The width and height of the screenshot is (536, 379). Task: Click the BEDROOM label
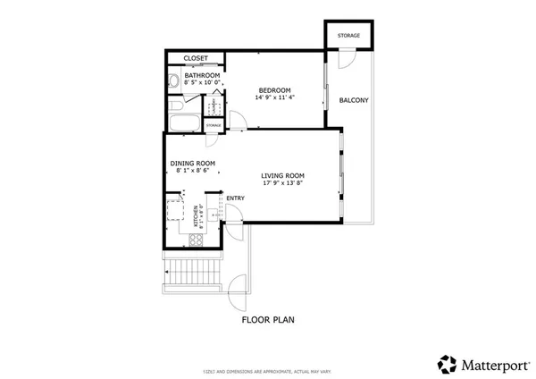[x=275, y=89]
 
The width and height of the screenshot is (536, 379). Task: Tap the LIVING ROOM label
[x=283, y=176]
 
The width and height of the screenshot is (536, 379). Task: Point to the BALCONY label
[x=354, y=99]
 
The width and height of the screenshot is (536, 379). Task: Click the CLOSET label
[x=196, y=58]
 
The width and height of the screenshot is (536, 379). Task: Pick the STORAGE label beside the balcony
[x=348, y=36]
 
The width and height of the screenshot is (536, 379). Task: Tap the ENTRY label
[x=236, y=198]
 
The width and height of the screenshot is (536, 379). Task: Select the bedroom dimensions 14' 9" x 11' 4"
[x=275, y=97]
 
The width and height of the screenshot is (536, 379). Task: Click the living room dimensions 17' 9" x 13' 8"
[x=283, y=185]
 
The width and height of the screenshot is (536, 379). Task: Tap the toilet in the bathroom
[x=173, y=82]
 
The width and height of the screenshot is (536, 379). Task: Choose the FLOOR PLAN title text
[x=268, y=318]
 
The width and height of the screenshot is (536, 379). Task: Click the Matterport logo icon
[x=447, y=363]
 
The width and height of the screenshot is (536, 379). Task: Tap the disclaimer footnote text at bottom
[x=268, y=369]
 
